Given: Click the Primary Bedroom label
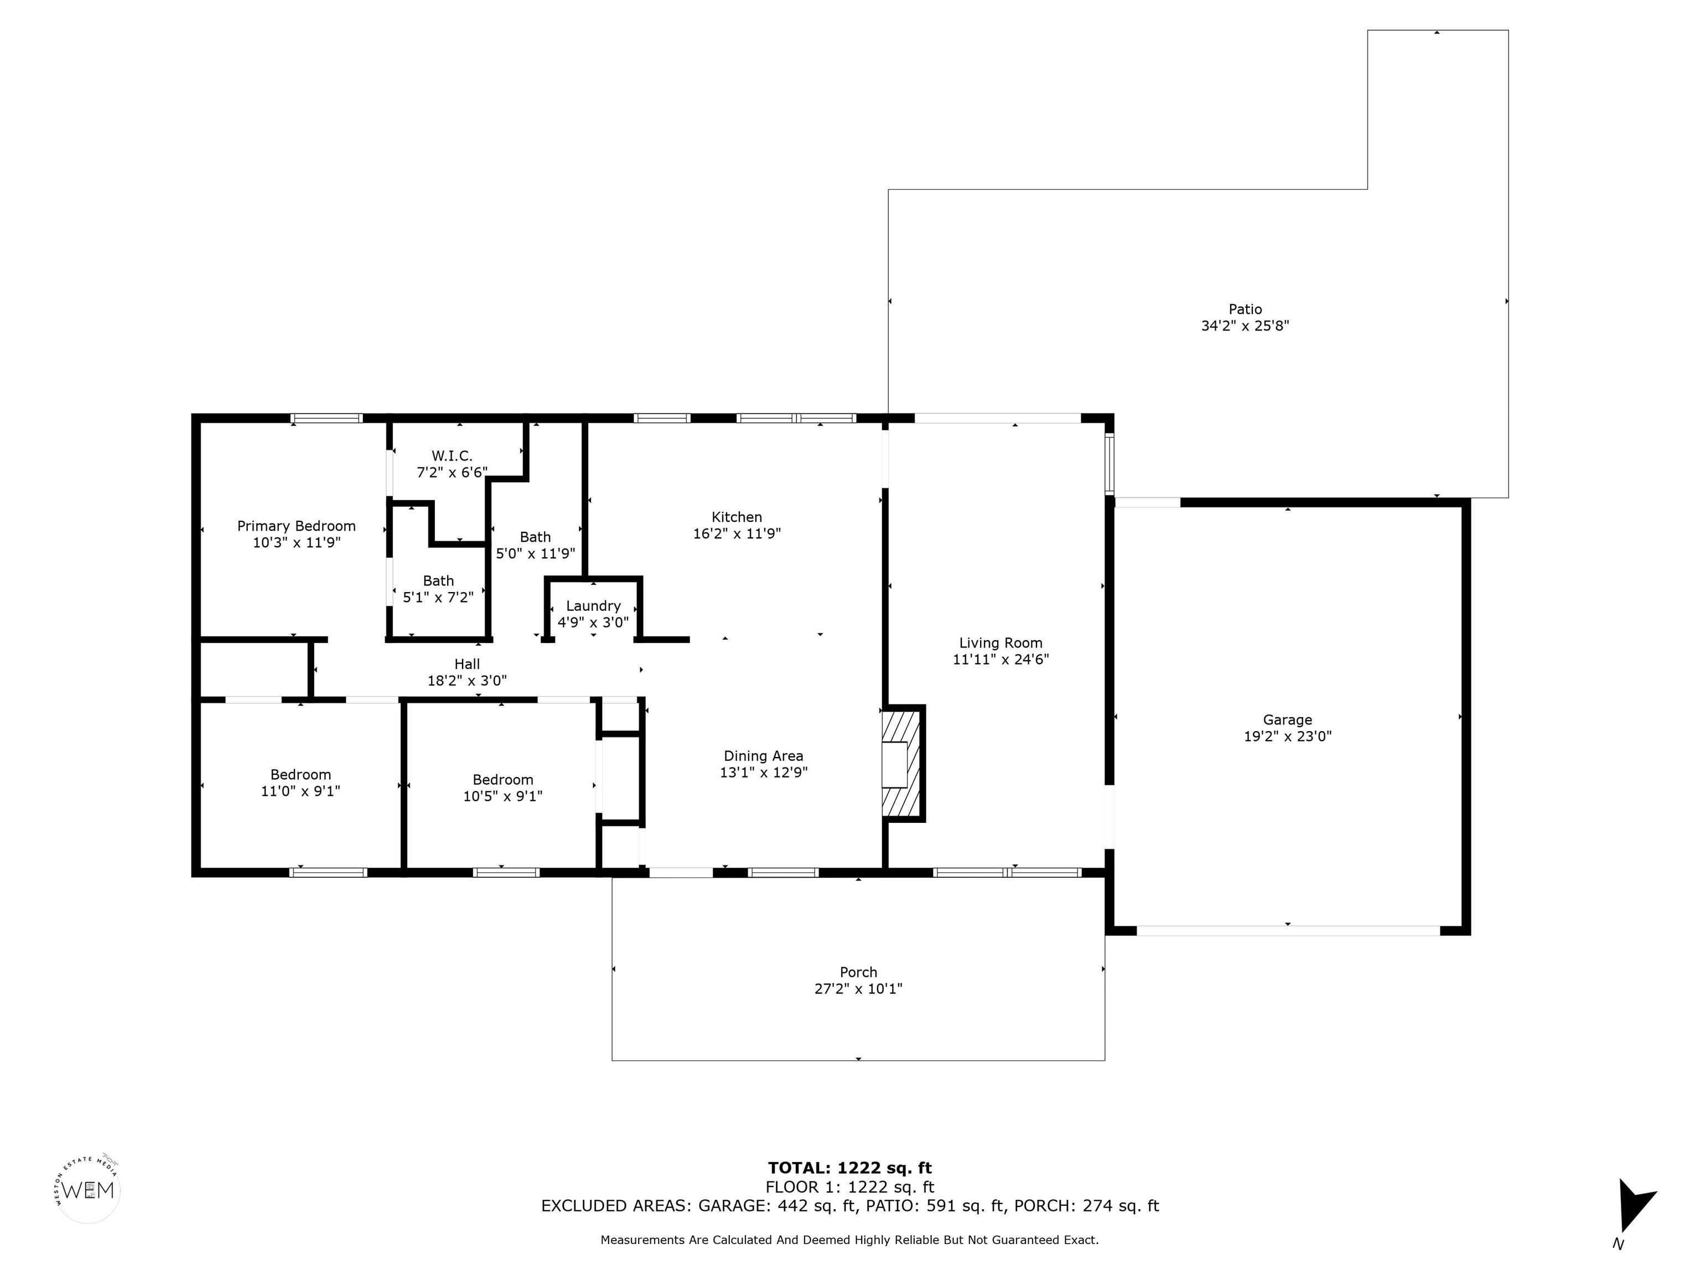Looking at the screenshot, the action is tap(296, 526).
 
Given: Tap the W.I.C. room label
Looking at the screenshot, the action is tap(452, 456).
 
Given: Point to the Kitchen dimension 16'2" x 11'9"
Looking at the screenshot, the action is tap(737, 533).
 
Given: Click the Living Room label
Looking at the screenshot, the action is tap(1001, 642).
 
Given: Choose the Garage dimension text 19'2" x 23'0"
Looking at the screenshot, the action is tap(1287, 735).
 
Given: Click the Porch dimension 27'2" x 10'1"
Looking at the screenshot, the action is tap(858, 988).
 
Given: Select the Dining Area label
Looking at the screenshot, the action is tap(763, 756).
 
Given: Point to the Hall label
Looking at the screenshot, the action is tap(467, 664).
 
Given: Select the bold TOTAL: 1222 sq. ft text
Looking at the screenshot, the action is tap(850, 1168).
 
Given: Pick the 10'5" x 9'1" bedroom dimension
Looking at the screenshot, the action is tap(502, 796).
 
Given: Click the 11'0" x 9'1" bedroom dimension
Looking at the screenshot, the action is tap(300, 791).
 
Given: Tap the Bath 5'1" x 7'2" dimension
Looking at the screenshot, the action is tap(438, 597).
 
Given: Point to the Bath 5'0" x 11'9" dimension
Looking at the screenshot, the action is tap(536, 553).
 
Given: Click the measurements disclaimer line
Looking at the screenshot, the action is tap(849, 1240).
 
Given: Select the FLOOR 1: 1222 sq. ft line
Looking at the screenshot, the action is tap(850, 1188).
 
